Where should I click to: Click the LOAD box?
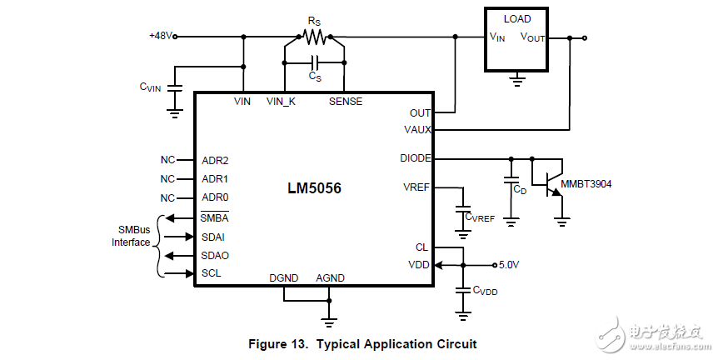point(517,39)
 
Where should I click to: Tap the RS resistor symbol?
point(315,37)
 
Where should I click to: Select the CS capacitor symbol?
point(315,62)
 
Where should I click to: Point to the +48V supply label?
point(162,36)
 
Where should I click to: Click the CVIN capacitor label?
point(151,87)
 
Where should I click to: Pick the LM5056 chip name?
point(314,188)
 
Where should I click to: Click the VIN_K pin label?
point(281,102)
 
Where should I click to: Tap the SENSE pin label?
point(345,102)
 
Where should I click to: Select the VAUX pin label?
point(416,130)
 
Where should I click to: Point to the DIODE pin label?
point(415,157)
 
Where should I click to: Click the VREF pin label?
point(416,187)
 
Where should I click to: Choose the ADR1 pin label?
point(215,179)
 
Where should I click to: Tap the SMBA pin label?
point(215,218)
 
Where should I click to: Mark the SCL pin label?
point(212,273)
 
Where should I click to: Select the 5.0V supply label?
point(509,265)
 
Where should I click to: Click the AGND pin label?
point(330,277)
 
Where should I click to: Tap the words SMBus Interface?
point(132,236)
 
